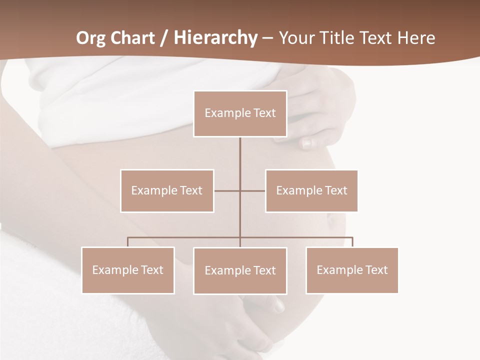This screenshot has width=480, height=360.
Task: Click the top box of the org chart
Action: [x=240, y=113]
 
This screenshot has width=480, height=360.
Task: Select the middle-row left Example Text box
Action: [x=167, y=190]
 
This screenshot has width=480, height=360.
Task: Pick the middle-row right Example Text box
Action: [x=311, y=190]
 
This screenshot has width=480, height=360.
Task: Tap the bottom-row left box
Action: [x=128, y=270]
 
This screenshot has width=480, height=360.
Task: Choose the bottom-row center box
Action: [x=240, y=270]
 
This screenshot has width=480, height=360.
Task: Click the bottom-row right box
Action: [x=352, y=270]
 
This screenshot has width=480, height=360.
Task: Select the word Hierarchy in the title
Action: [x=215, y=38]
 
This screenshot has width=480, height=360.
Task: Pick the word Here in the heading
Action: [x=416, y=38]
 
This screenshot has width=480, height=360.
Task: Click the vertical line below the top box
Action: [x=240, y=155]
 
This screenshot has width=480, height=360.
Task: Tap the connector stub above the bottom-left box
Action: [x=128, y=242]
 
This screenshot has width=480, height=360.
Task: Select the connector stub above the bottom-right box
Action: [x=352, y=242]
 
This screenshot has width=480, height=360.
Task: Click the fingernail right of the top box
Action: [x=307, y=143]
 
